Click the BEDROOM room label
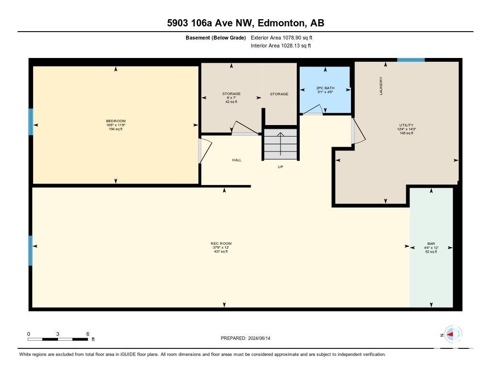pos(116,121)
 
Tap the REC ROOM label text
pos(221,243)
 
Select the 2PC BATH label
pos(326,88)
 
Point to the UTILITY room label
pos(407,125)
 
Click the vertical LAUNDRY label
pos(381,86)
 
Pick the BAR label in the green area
pos(431,243)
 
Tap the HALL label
pos(237,160)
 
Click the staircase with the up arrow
pos(281,144)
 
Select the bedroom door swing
pos(205,151)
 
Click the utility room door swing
pos(358,131)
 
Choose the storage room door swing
pos(245,128)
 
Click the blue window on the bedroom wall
pos(31,122)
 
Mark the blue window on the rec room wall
pos(30,251)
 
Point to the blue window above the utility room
pos(411,60)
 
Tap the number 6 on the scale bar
pos(88,334)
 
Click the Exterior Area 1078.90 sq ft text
pos(281,37)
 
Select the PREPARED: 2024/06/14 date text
pos(245,338)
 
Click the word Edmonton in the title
pos(281,23)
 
